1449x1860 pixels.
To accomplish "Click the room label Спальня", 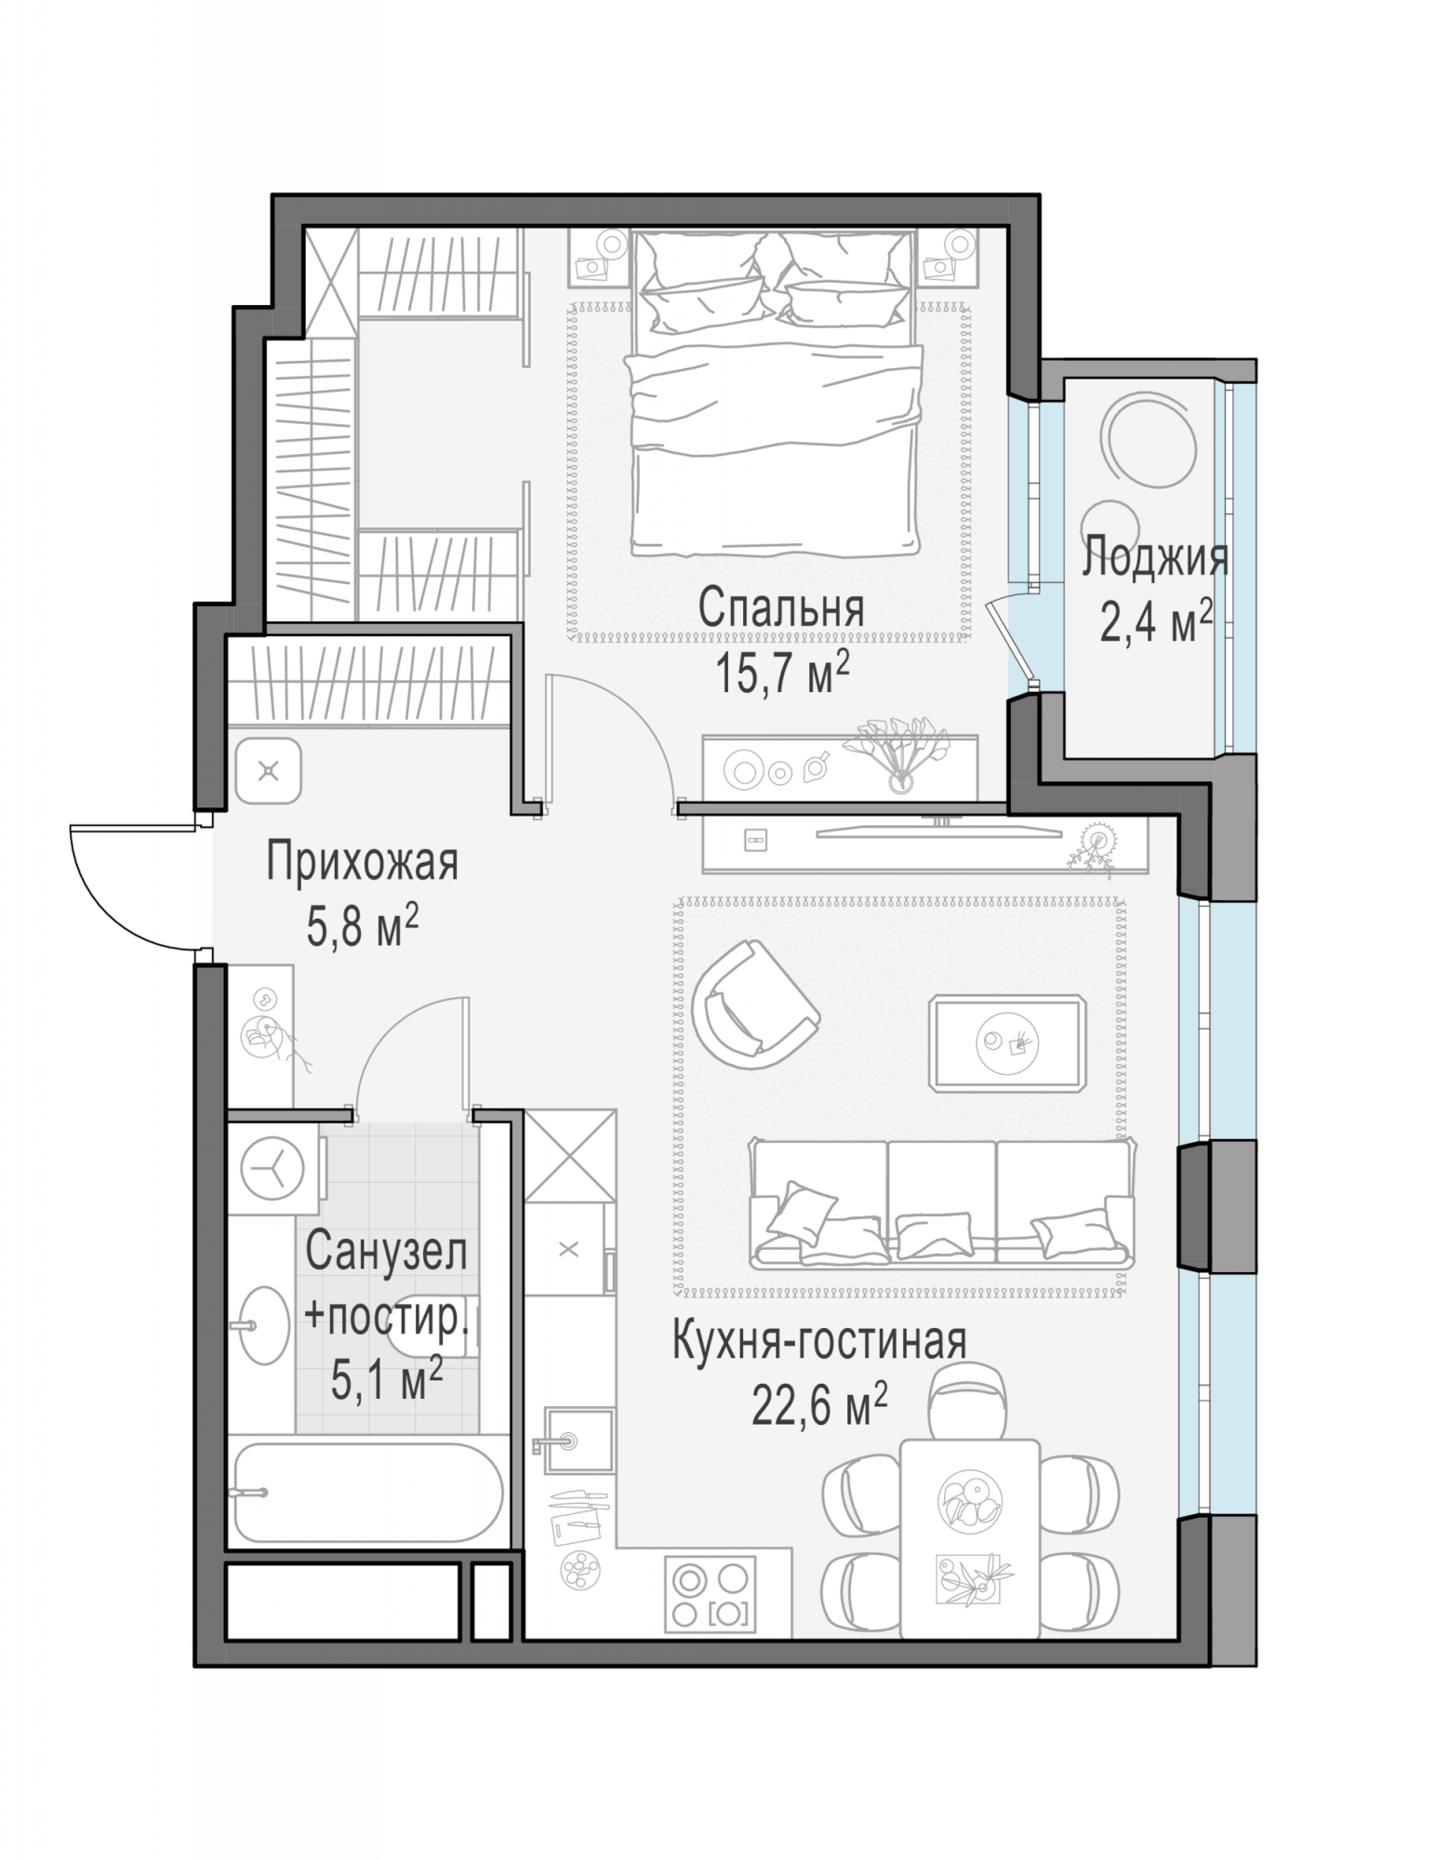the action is coord(781,609).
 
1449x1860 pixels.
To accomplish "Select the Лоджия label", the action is coord(1155,559).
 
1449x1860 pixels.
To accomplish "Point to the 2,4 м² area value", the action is coord(1156,620).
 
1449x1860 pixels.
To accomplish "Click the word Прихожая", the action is coord(362,862).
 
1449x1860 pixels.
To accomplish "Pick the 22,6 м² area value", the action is coord(819,1405).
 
